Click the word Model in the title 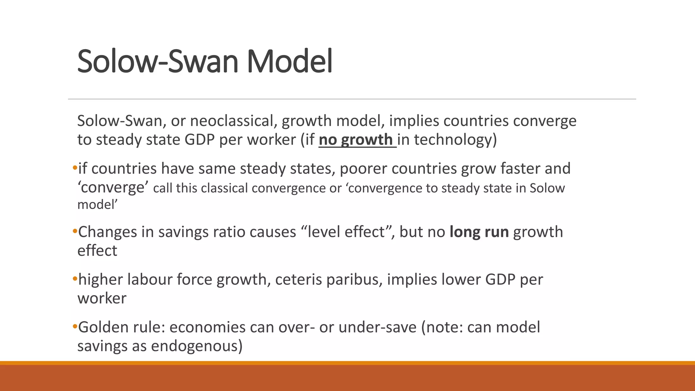[289, 62]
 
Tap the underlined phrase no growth [357, 140]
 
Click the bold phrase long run [479, 232]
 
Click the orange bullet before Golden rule [75, 327]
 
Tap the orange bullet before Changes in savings [75, 231]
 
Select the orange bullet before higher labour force [75, 279]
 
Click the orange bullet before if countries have [75, 168]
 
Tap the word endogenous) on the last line [197, 346]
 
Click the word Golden [105, 328]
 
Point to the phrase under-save [377, 328]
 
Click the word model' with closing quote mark [97, 205]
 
